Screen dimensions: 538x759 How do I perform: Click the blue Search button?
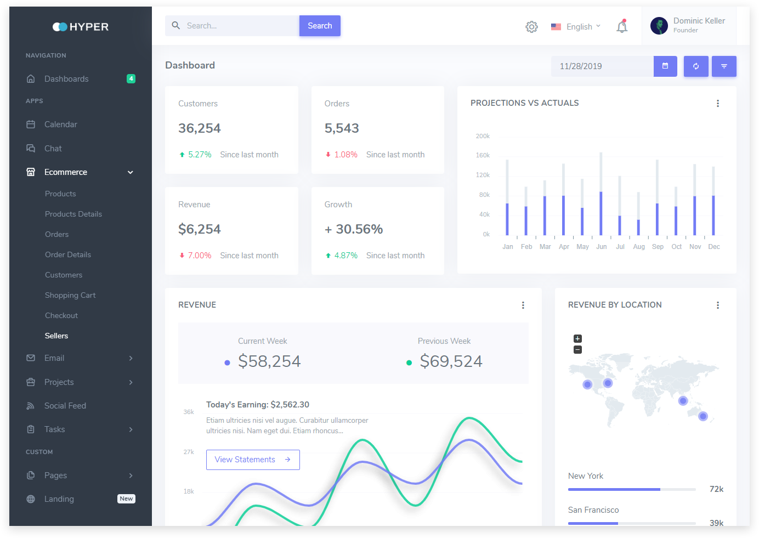pos(320,26)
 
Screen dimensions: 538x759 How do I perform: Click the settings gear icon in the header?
pos(531,27)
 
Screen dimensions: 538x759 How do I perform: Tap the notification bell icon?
pos(622,27)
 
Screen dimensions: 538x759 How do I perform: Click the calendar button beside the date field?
pos(665,66)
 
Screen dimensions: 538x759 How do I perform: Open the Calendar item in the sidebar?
pos(61,124)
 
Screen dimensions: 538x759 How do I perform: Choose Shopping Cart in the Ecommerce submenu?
pos(70,295)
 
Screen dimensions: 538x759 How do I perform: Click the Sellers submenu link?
pos(56,336)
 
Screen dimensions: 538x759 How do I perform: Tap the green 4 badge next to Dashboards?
pos(131,78)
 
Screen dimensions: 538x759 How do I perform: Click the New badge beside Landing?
pos(126,499)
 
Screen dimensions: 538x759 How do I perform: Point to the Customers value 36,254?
pos(200,128)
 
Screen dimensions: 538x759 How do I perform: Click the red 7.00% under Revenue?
pos(200,256)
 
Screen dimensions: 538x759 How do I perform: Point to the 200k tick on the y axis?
pos(483,136)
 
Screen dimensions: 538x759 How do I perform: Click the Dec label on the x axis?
pos(714,247)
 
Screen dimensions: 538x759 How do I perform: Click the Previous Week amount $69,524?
pos(451,361)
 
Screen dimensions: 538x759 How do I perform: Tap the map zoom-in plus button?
pos(577,338)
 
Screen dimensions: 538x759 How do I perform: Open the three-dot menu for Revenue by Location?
pos(718,305)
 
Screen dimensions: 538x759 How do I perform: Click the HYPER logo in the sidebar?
pos(81,27)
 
